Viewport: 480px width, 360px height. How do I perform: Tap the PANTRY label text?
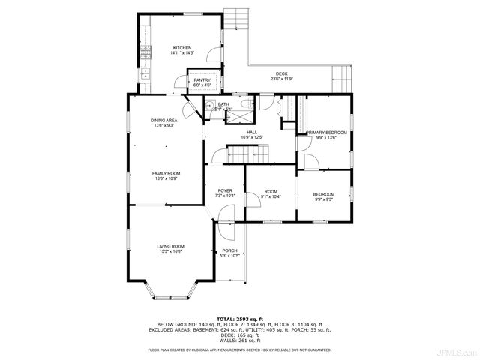coord(202,82)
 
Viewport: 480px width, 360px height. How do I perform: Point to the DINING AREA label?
coord(164,122)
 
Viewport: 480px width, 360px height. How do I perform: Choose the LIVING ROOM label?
coord(171,248)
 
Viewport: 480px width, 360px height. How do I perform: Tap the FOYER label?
coord(225,193)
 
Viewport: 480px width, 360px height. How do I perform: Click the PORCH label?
coord(229,253)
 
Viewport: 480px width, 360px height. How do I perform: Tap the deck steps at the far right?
coord(341,76)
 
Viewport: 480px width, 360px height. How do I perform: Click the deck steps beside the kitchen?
coord(237,18)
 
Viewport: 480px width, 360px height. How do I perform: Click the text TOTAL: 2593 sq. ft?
coord(239,319)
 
